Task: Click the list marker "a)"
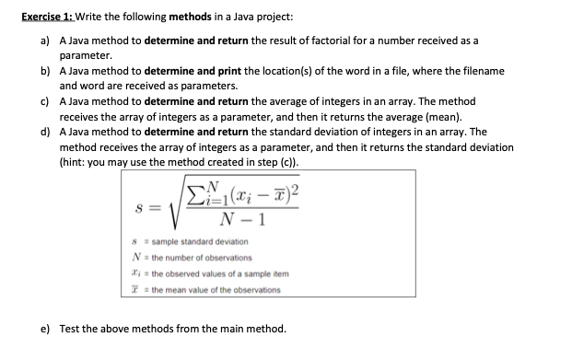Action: (x=43, y=41)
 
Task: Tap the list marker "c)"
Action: (x=43, y=101)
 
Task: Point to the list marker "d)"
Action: (x=43, y=132)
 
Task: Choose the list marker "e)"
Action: (x=43, y=328)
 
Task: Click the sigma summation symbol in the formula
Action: (x=196, y=193)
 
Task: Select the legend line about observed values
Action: (x=225, y=274)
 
